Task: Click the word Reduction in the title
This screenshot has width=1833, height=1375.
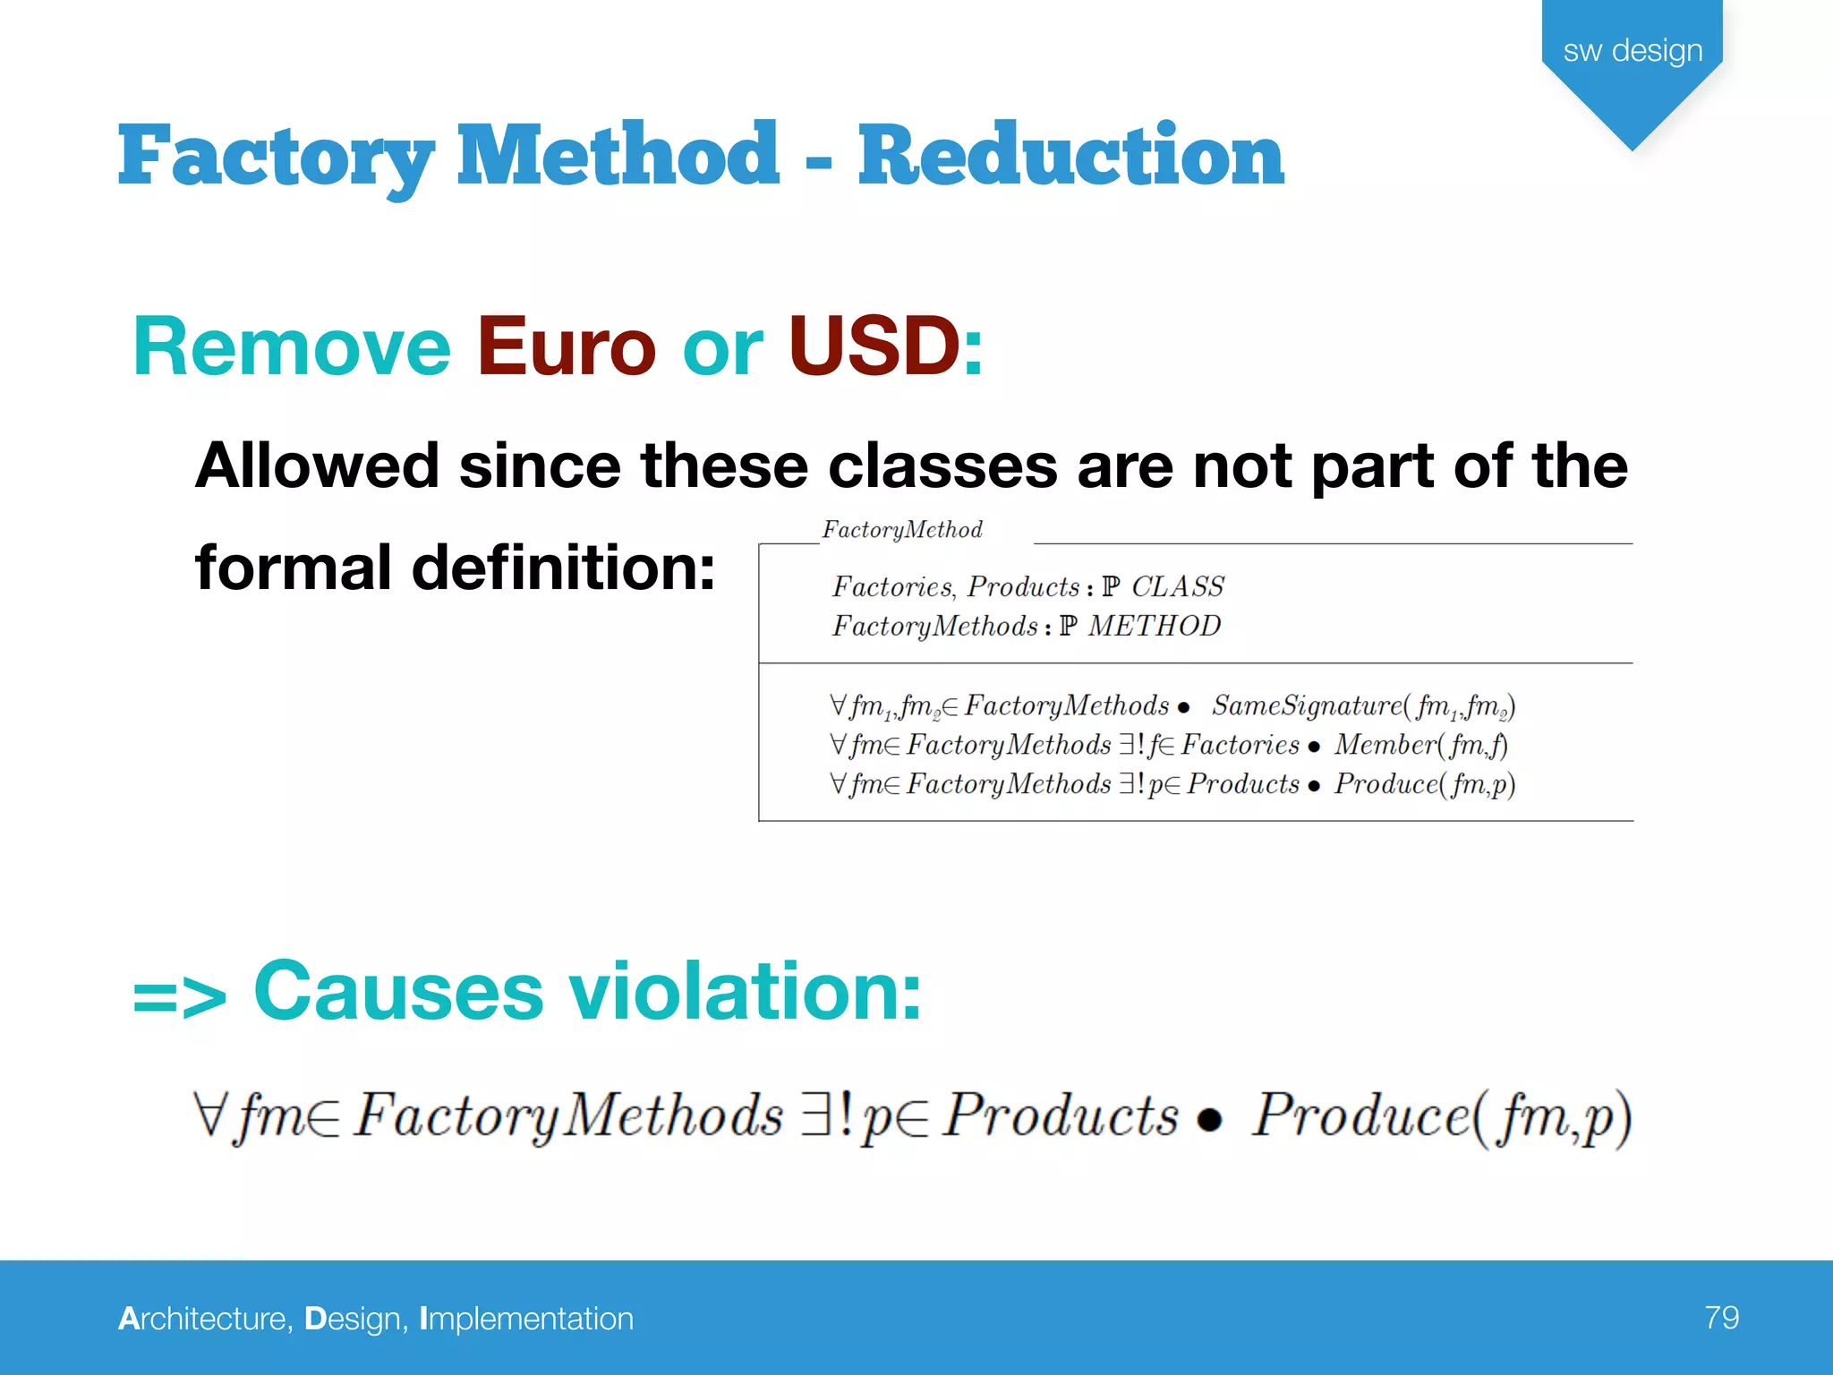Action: pyautogui.click(x=1070, y=156)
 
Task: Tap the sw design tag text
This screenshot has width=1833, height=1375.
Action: pyautogui.click(x=1633, y=50)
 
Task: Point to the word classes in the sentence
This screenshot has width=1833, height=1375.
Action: pyautogui.click(x=942, y=466)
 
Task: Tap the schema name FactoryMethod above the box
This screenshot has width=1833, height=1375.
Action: pyautogui.click(x=902, y=530)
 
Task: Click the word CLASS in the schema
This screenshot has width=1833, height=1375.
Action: pyautogui.click(x=1177, y=587)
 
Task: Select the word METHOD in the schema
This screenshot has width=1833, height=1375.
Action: pyautogui.click(x=1154, y=626)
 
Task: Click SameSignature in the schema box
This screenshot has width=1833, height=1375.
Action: pyautogui.click(x=1307, y=705)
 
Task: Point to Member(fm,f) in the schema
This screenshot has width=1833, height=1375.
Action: pyautogui.click(x=1420, y=745)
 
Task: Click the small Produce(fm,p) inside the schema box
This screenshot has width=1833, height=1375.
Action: pyautogui.click(x=1424, y=784)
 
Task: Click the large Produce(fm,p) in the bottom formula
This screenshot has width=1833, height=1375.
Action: pyautogui.click(x=1441, y=1116)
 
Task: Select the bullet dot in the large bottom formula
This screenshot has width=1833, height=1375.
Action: pyautogui.click(x=1209, y=1120)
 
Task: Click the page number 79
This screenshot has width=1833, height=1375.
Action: pyautogui.click(x=1721, y=1317)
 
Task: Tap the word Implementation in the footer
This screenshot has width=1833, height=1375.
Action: pyautogui.click(x=526, y=1319)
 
